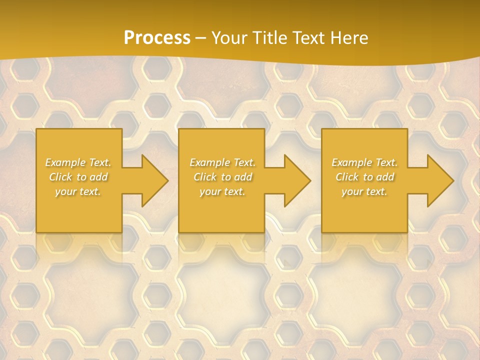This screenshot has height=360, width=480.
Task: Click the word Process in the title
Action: (x=157, y=38)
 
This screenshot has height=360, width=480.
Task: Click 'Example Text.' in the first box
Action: (x=78, y=162)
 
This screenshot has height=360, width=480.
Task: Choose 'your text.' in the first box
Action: (x=78, y=191)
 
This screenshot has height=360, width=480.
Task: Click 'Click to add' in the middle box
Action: (x=222, y=177)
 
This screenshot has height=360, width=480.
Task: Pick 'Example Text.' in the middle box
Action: (x=222, y=162)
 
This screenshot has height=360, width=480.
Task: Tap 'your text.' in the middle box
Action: (x=222, y=191)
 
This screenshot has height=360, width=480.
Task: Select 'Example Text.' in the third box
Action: (x=364, y=162)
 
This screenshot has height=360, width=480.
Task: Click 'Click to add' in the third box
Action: (x=364, y=177)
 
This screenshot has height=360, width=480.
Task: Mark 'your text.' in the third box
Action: (x=364, y=191)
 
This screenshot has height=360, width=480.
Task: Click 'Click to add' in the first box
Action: (x=78, y=177)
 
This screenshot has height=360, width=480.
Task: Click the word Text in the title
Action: (x=308, y=38)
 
